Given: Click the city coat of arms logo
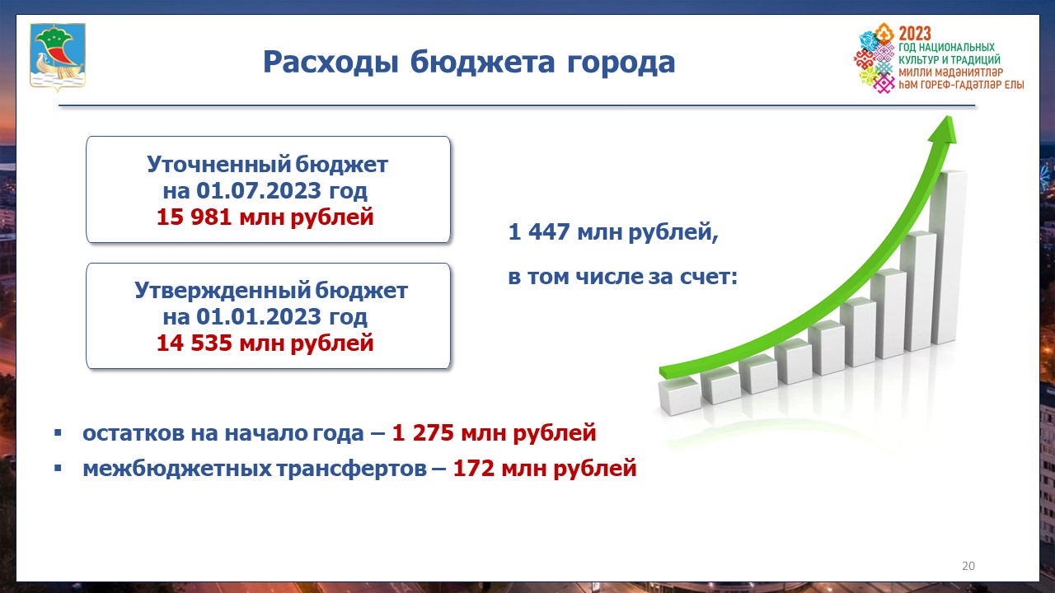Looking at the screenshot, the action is pos(58,56).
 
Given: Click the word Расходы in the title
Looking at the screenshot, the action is pos(331,62).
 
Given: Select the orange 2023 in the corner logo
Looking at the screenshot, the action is pos(915,34).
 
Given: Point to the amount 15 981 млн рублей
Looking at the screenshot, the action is pos(265,217).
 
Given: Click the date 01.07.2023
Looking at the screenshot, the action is pos(259,190).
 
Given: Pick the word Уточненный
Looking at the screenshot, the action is pos(219,164).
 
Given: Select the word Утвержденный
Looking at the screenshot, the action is pos(223,290).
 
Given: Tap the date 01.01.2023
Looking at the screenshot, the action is pos(259,316).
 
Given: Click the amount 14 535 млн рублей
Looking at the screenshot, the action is pos(265,343).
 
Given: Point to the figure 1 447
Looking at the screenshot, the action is pos(539,231).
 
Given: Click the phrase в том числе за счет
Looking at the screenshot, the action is pos(622,276).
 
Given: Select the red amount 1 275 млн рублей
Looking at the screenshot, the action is pos(494,433).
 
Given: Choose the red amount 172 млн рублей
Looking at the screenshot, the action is pos(545,469).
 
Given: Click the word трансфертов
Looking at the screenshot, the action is pos(351,469).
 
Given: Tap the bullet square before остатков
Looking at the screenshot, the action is pos(58,432).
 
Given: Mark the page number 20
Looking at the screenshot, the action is pos(968,566).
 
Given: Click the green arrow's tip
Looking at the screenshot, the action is pos(948,117).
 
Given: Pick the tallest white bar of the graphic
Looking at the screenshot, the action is pos(948,257).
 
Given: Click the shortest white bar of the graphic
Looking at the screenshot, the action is pos(679,395).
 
